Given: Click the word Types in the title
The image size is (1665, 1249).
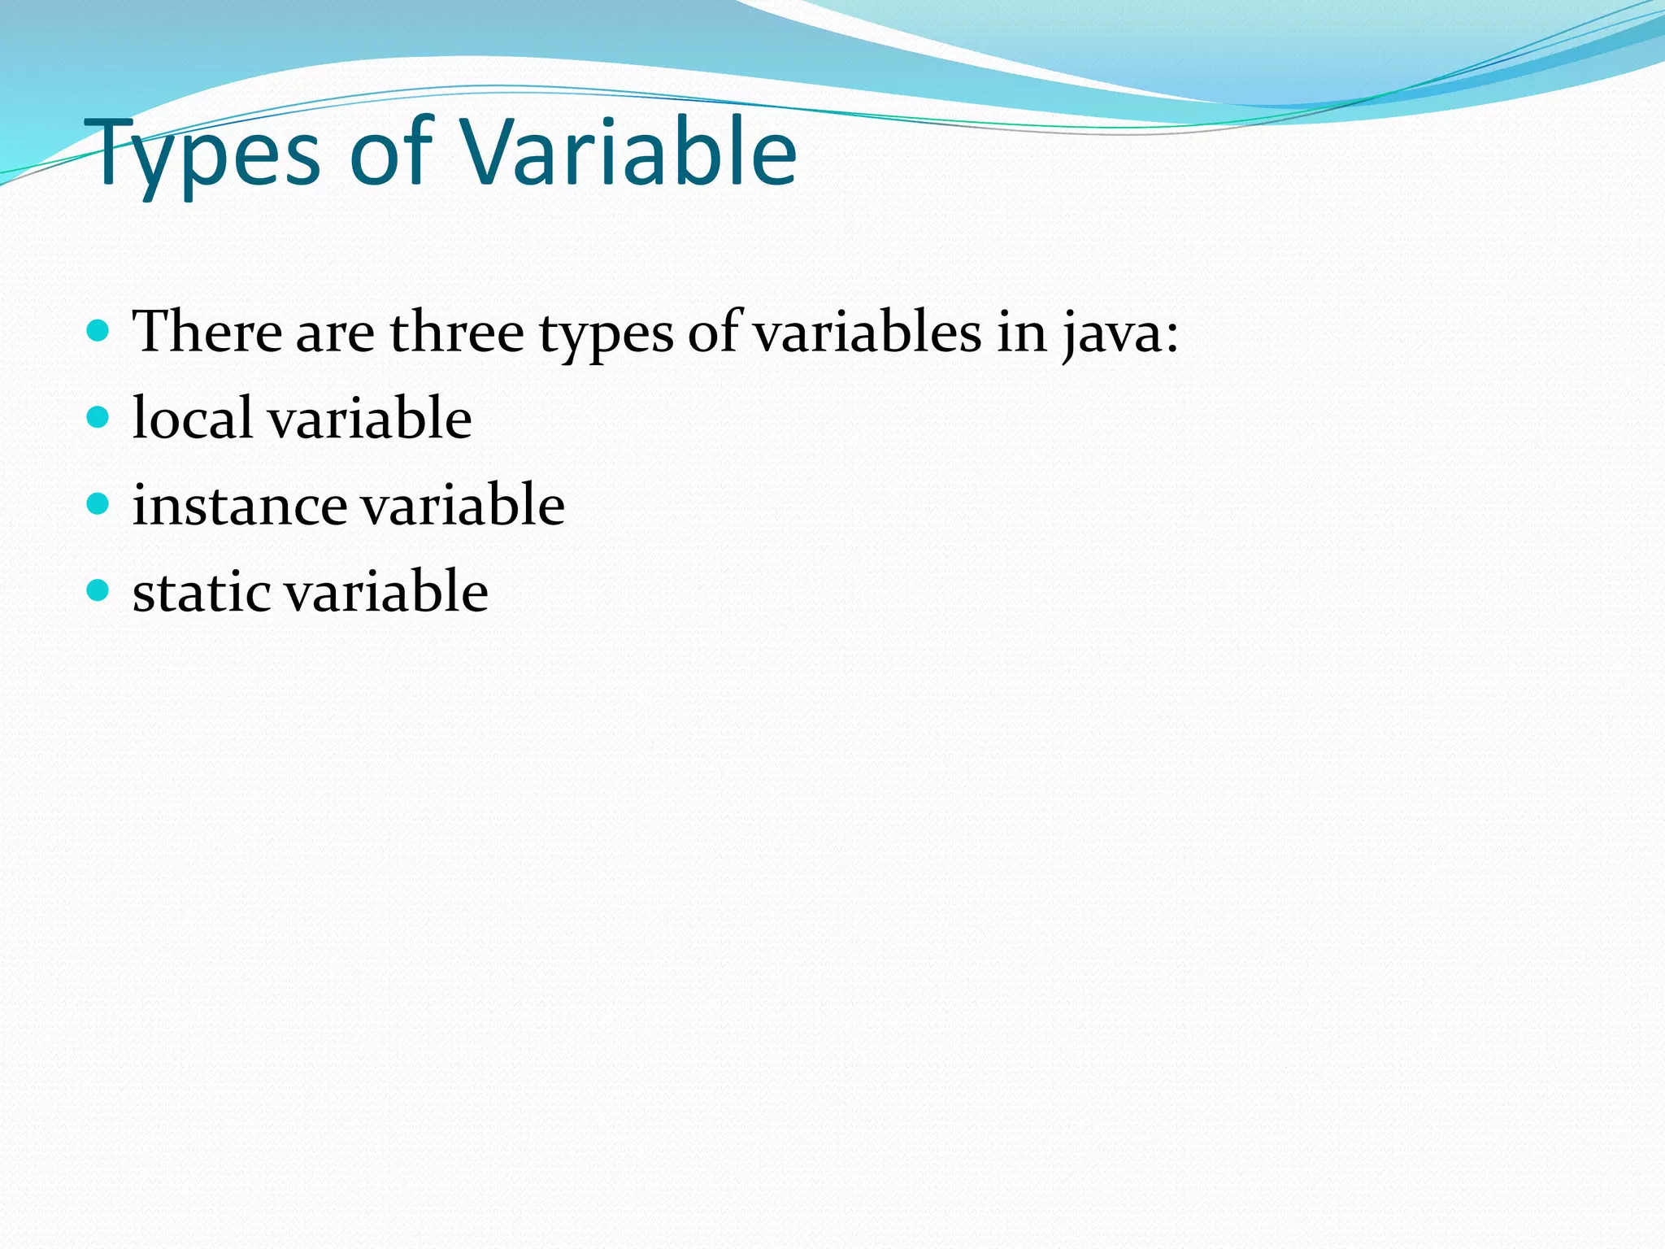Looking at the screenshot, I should coord(207,154).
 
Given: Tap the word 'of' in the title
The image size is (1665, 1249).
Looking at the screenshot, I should coord(390,151).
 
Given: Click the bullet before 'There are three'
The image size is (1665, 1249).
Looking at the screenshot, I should coord(97,330).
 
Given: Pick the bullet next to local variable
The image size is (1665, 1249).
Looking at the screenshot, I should coord(97,417).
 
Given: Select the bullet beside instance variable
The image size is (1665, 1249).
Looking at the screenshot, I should coord(97,503).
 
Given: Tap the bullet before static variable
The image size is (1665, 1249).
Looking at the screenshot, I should coord(97,590).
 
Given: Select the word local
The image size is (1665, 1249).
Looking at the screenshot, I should coord(192,418).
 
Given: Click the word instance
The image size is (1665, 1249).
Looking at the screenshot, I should coord(239,505).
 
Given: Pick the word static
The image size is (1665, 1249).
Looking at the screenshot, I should coord(202,591).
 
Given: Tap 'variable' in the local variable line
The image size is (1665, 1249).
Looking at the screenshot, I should coord(369,418).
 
